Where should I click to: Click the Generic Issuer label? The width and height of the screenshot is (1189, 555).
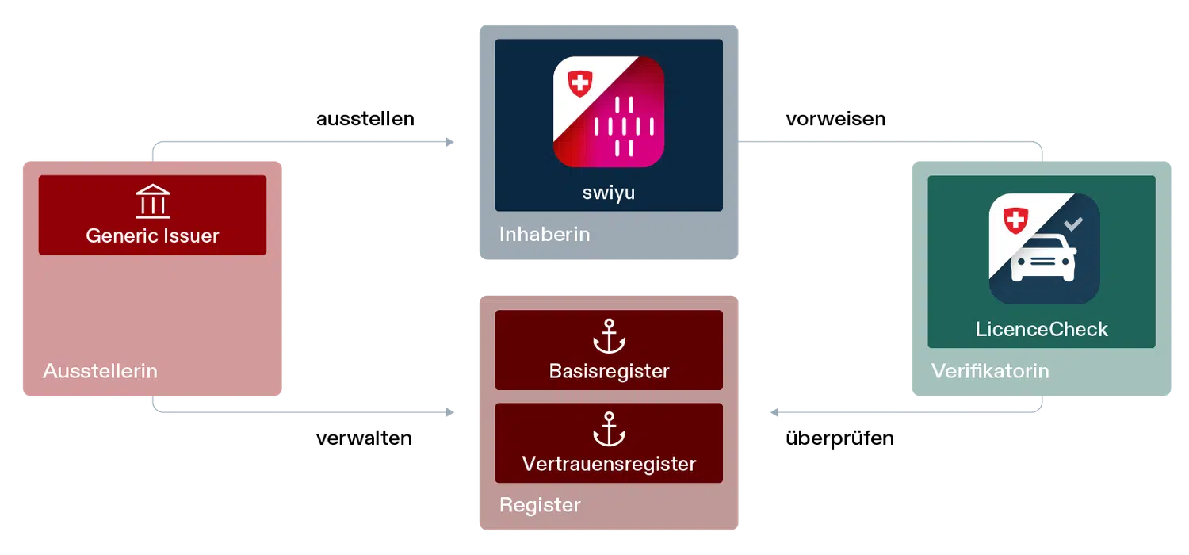[x=152, y=235]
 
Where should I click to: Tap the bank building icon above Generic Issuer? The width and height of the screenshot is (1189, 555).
[x=152, y=202]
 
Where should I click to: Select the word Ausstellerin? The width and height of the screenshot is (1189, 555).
[x=100, y=371]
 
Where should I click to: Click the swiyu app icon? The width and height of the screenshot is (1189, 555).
[x=609, y=112]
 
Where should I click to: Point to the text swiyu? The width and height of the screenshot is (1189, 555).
[x=609, y=193]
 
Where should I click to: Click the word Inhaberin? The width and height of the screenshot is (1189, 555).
[x=545, y=235]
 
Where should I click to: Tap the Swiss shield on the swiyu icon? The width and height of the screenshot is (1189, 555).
[x=581, y=83]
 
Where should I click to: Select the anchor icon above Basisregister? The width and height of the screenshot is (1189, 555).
[x=609, y=335]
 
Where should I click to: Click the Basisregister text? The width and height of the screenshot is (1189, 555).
[x=609, y=371]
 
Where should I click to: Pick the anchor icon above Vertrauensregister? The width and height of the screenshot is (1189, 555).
[x=609, y=429]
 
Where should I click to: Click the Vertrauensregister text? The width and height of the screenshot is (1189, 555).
[x=609, y=464]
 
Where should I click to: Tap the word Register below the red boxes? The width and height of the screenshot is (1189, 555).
[x=540, y=505]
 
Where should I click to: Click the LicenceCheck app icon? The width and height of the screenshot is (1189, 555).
[x=1044, y=249]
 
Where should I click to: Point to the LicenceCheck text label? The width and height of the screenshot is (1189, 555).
[x=1042, y=330]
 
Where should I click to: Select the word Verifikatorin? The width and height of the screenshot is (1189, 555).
[x=990, y=371]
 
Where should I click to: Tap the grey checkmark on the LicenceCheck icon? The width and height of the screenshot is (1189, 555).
[x=1073, y=224]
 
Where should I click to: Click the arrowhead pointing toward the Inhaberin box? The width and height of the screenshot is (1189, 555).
[x=451, y=141]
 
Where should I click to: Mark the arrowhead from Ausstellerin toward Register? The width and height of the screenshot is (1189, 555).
[x=451, y=412]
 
